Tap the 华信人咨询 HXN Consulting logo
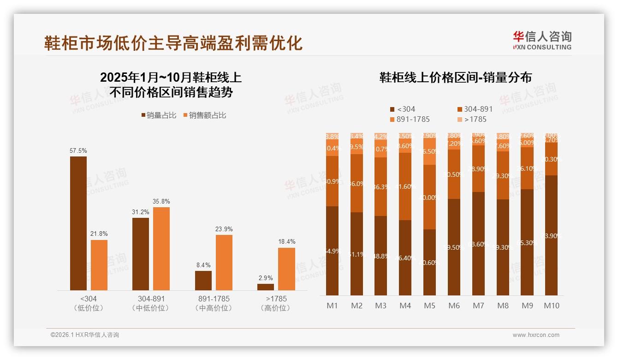[x=542, y=40]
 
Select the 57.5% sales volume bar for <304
[x=78, y=223]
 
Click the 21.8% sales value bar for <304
[x=99, y=265]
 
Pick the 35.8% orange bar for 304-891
[x=161, y=248]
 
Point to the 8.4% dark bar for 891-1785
[x=203, y=281]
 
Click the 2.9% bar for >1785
[x=266, y=287]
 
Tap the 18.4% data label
[x=286, y=241]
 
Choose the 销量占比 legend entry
[x=158, y=115]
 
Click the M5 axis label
[x=429, y=306]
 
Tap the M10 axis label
[x=551, y=306]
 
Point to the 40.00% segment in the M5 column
[x=429, y=197]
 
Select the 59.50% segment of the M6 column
[x=454, y=247]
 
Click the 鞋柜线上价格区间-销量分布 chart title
[x=455, y=78]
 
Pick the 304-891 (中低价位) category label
[x=151, y=303]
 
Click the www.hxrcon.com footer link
[x=536, y=335]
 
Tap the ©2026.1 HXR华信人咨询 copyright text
[x=85, y=335]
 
